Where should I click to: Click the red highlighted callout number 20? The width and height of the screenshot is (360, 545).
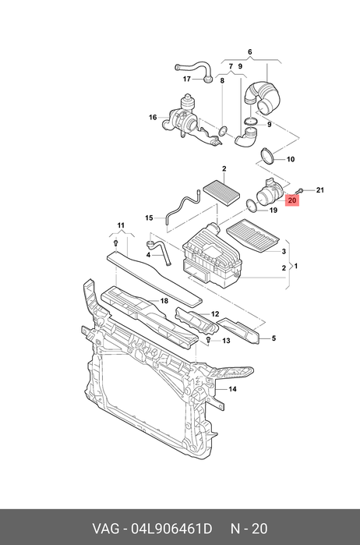pos(292,200)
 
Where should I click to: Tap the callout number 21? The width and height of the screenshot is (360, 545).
pos(320,190)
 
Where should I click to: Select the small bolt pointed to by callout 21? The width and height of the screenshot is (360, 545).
pos(299,191)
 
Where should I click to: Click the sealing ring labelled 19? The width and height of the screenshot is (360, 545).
pos(252,205)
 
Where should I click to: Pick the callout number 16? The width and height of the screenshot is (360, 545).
pos(153,118)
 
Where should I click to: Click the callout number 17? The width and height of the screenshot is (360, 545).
pos(187,80)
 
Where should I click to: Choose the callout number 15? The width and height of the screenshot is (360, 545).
pos(149,218)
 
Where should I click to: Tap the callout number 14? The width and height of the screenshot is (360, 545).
pos(232,389)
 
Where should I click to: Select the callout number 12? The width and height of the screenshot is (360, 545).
pos(215,314)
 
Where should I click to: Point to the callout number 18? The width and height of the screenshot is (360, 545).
pos(164,301)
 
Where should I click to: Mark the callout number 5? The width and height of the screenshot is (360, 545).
pos(274,338)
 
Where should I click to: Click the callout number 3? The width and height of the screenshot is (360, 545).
pos(284,251)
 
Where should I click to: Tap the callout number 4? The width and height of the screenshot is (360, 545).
pos(148,255)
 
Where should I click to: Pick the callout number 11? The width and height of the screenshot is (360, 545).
pos(121,225)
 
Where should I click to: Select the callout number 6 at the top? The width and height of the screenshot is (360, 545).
pos(250,52)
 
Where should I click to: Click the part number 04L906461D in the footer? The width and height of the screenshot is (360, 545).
pos(171,529)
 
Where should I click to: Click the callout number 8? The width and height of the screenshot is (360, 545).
pos(222,81)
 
